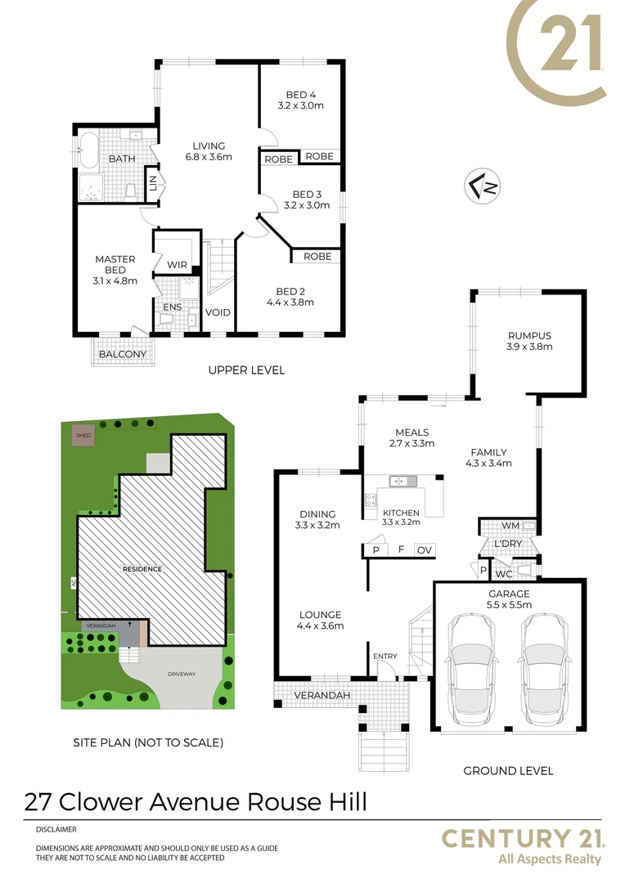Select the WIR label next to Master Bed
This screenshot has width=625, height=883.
[178, 265]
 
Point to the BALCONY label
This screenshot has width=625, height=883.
[123, 355]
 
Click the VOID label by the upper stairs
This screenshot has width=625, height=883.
[218, 312]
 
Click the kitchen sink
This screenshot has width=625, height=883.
[403, 481]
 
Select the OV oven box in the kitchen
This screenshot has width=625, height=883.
[424, 550]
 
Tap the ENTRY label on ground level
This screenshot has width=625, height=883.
[384, 657]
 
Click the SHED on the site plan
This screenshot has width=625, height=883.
[83, 436]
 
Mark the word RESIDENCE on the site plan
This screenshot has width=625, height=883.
[142, 569]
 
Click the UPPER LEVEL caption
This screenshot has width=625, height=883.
[246, 370]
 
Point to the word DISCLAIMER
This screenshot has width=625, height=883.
[56, 829]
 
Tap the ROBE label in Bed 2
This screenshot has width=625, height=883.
[317, 257]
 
